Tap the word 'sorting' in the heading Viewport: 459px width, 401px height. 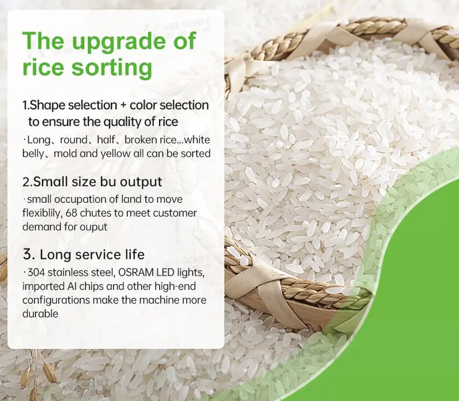[112, 67]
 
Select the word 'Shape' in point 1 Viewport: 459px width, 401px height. [47, 105]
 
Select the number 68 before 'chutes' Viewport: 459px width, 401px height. [72, 213]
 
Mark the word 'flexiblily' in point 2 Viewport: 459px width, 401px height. [42, 214]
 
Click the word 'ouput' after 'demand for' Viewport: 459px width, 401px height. [94, 227]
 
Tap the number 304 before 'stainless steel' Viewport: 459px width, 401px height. [36, 273]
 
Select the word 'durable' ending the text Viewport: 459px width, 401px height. [41, 314]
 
